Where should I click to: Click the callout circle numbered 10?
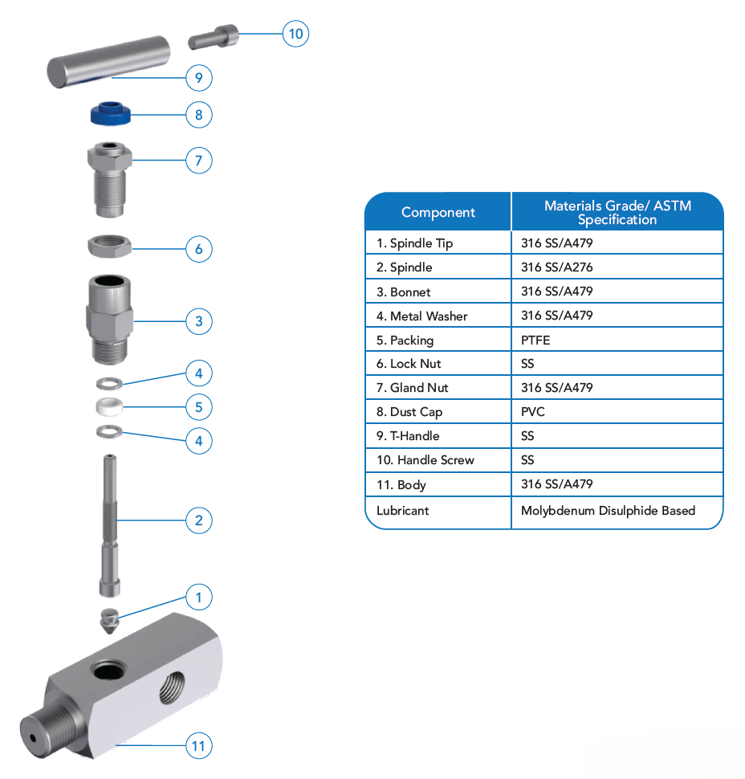click(x=296, y=34)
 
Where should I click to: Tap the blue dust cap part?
click(x=110, y=112)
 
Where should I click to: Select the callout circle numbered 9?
click(x=199, y=78)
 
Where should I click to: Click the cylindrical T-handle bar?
click(x=108, y=63)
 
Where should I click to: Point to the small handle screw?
click(x=214, y=38)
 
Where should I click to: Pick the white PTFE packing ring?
click(x=108, y=406)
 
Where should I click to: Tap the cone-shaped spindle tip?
click(x=108, y=621)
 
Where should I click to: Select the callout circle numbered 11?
click(x=199, y=746)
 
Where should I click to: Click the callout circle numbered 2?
click(x=199, y=520)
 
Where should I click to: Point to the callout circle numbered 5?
click(x=199, y=406)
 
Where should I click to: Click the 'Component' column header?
click(x=438, y=213)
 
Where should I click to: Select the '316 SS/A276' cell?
click(x=556, y=267)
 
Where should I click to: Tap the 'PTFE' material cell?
click(x=535, y=340)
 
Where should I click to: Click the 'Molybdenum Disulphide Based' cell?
click(x=608, y=510)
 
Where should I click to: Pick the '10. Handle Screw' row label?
click(x=425, y=460)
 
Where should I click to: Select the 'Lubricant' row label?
click(x=403, y=510)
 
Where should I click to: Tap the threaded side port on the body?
click(x=173, y=687)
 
